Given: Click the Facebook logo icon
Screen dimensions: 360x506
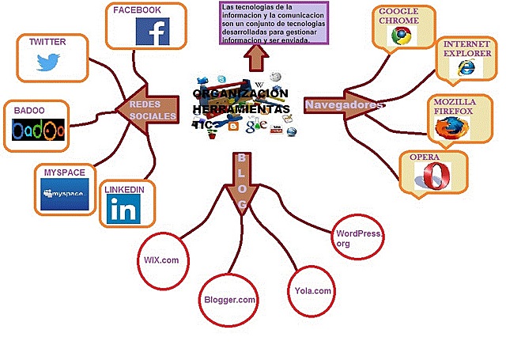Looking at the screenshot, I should [153, 32].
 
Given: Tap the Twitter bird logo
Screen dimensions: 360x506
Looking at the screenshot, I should [51, 63].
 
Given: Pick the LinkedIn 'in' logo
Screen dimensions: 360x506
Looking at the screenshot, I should [123, 209].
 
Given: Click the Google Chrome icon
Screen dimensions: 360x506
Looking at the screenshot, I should [403, 36].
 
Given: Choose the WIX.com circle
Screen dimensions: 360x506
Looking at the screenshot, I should [161, 259].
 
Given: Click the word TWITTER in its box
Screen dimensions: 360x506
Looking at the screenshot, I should [47, 41].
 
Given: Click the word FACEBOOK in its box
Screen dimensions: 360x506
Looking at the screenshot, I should [137, 10].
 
